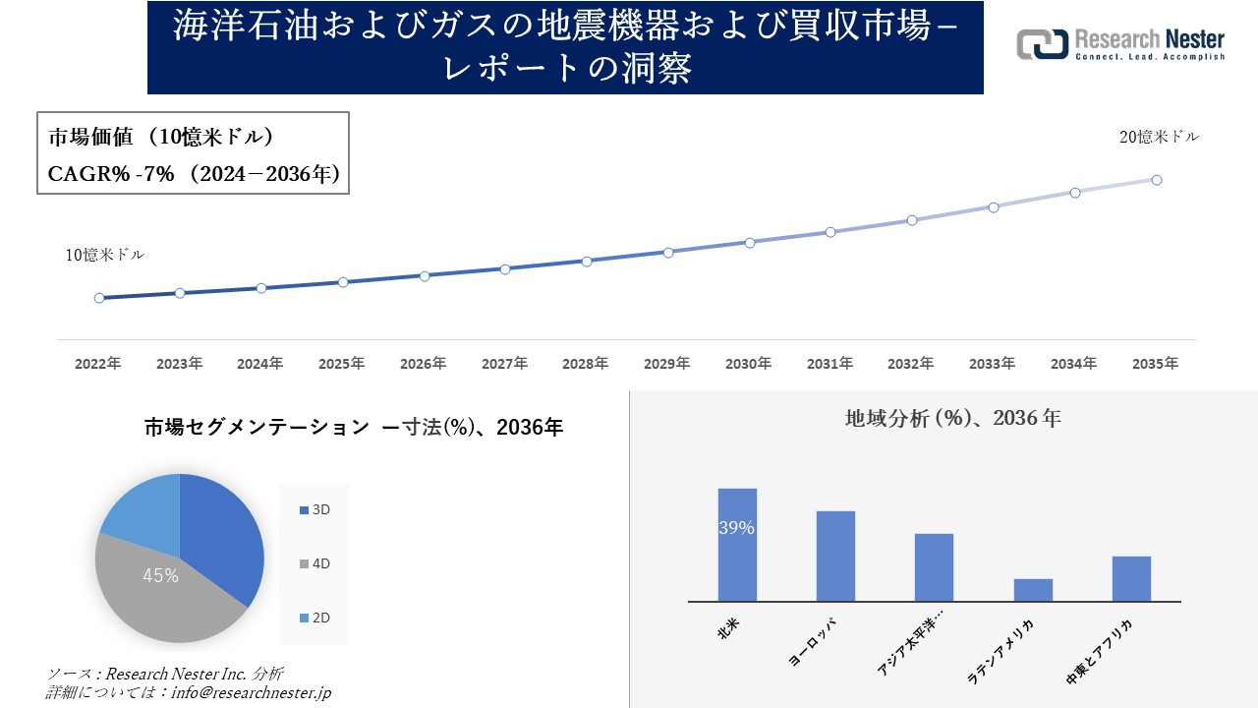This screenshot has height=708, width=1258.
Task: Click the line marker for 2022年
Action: [x=99, y=298]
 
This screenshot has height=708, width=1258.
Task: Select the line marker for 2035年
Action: [x=1157, y=180]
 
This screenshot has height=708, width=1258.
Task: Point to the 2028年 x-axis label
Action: [x=586, y=364]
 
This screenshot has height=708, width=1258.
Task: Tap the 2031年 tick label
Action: [x=829, y=364]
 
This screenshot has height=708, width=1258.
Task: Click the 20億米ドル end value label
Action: [x=1159, y=138]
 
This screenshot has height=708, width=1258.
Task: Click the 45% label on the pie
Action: [x=160, y=576]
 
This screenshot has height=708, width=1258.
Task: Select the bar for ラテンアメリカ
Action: [x=1033, y=590]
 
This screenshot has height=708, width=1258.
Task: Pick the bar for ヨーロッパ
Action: [x=835, y=556]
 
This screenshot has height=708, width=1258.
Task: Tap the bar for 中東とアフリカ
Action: [x=1131, y=578]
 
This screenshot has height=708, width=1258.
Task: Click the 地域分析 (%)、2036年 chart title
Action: [x=952, y=418]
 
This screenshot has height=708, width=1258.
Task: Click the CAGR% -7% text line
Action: [x=194, y=174]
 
